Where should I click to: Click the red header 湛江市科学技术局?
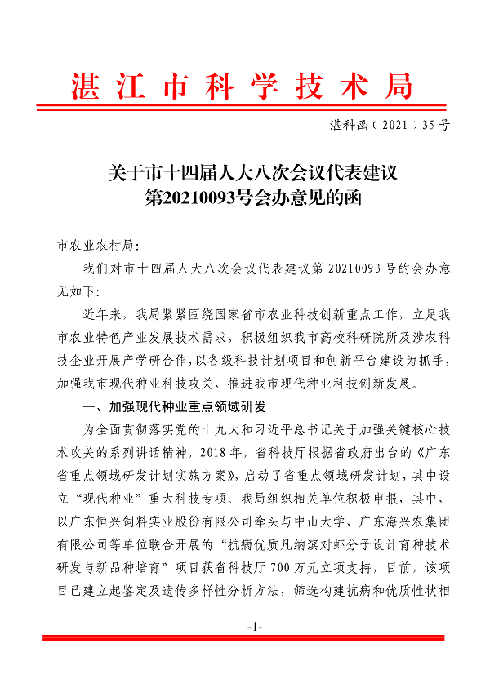point(244,85)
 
